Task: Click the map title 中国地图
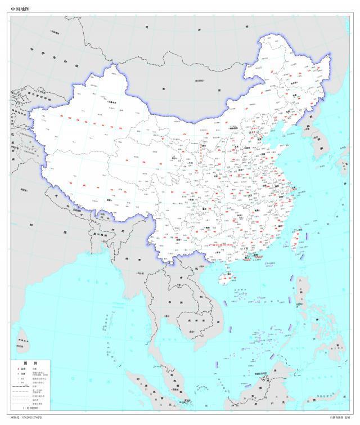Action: coord(22,8)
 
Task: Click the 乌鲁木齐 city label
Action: coord(112,102)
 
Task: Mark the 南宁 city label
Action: coord(215,253)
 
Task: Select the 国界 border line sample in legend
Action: coord(22,386)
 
